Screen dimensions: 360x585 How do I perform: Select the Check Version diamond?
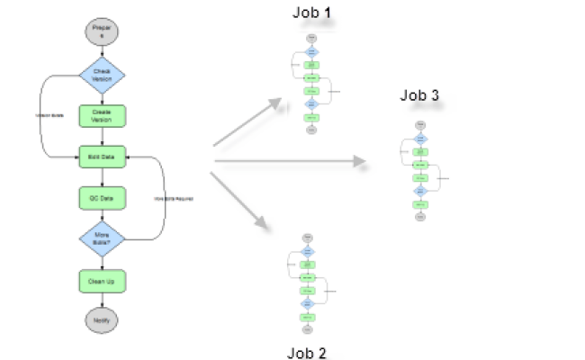click(102, 75)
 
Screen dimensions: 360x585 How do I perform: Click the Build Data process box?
click(102, 157)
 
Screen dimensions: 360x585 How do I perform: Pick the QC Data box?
click(102, 198)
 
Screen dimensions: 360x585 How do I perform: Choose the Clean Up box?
click(102, 281)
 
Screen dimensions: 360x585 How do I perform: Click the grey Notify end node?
click(102, 319)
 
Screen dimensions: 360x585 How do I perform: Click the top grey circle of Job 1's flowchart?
click(310, 39)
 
